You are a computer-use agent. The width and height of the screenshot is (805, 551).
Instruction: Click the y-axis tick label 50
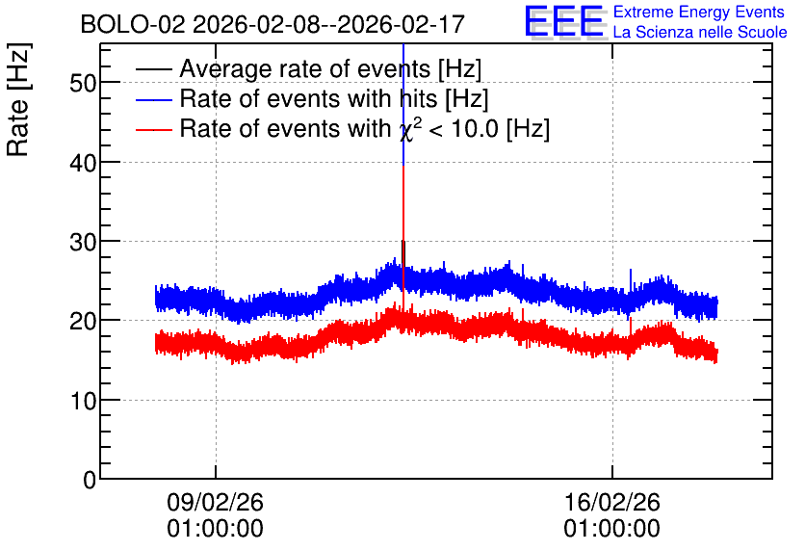pos(83,82)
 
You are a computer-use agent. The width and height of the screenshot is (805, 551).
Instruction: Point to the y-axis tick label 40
pos(83,162)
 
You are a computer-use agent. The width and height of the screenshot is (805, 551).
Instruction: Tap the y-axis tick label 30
pos(83,242)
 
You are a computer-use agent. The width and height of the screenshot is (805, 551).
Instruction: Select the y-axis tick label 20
pos(83,321)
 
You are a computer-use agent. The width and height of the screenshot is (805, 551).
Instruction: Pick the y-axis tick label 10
pos(83,401)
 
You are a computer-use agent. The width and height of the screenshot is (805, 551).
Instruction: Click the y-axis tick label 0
pos(90,480)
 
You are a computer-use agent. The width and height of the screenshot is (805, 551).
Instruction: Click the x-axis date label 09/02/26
pos(215,502)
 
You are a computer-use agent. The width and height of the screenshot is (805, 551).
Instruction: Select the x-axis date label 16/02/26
pos(612,502)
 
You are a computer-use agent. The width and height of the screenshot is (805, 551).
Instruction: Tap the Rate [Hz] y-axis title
pos(18,99)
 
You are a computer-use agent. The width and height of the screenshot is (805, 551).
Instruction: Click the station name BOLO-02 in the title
pos(133,25)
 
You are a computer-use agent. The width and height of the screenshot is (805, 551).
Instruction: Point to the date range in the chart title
pos(328,25)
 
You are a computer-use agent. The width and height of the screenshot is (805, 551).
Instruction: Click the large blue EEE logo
pos(564,21)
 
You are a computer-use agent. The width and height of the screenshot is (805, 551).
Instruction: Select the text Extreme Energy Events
pos(699,12)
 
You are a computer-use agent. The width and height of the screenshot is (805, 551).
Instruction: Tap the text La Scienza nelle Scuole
pos(700,32)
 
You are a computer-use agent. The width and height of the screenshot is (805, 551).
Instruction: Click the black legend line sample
pos(153,68)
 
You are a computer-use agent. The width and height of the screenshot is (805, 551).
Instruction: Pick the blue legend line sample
pos(153,99)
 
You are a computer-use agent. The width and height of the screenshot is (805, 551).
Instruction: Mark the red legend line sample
pos(153,129)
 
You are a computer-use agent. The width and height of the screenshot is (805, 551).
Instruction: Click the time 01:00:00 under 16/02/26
pos(612,529)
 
